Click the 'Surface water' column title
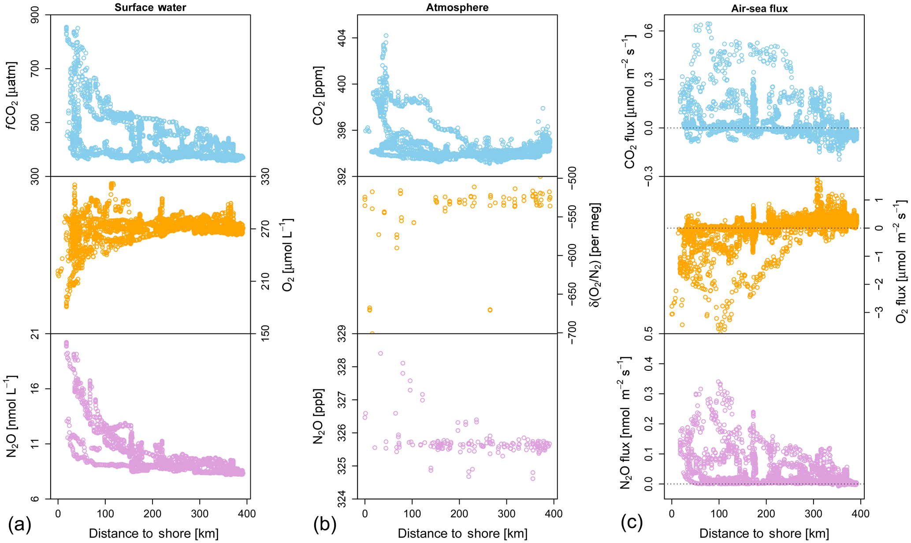(x=150, y=7)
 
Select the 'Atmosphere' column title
(x=457, y=7)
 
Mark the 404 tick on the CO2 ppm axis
(x=342, y=38)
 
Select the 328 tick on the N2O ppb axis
(x=342, y=367)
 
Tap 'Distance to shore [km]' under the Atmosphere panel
(x=462, y=533)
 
